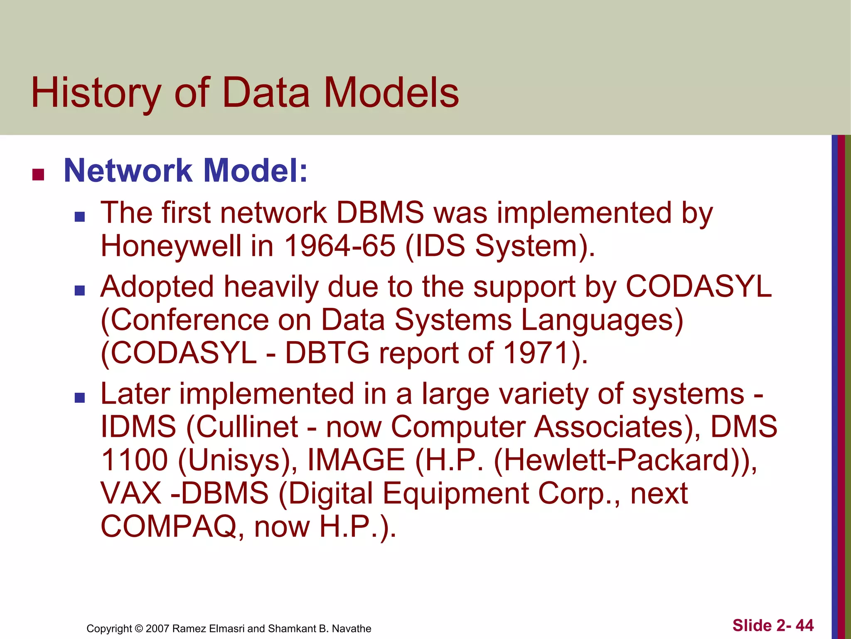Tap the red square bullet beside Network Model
point(38,175)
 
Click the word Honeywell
point(171,246)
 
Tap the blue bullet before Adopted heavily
point(79,290)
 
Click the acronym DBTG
point(327,353)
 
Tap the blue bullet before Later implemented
point(79,398)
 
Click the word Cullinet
point(247,427)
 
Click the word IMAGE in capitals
point(356,460)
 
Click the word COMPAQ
point(168,526)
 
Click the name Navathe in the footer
point(352,629)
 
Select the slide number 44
point(804,626)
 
